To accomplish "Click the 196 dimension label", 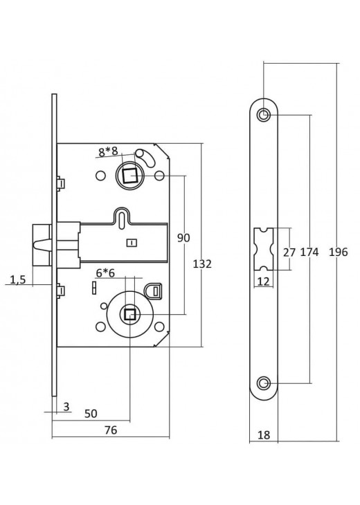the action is pyautogui.click(x=339, y=252).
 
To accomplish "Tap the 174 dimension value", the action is pyautogui.click(x=309, y=252).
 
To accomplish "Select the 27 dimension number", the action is pyautogui.click(x=289, y=252).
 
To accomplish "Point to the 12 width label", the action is pyautogui.click(x=264, y=282).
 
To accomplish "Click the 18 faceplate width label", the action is pyautogui.click(x=264, y=435).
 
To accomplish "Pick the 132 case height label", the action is pyautogui.click(x=202, y=264).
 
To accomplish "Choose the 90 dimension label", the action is pyautogui.click(x=183, y=238).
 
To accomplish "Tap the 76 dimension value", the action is pyautogui.click(x=111, y=430).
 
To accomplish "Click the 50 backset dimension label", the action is pyautogui.click(x=91, y=414).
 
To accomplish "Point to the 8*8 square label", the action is pyautogui.click(x=108, y=151).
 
